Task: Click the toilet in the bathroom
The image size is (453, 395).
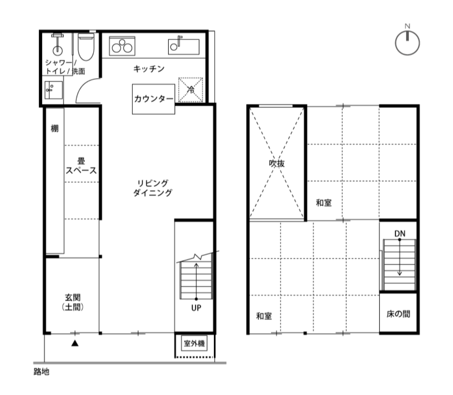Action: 86,47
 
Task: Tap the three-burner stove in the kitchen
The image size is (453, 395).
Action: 122,46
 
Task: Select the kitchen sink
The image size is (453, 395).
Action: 183,46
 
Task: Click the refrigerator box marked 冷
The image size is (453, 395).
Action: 190,90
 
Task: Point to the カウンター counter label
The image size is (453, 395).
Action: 153,99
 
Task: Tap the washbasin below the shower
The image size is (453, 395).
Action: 54,90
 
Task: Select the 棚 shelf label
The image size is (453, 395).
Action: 55,128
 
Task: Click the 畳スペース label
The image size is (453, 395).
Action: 81,166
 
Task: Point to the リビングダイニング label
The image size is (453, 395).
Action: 152,188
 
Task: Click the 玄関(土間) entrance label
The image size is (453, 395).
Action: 73,302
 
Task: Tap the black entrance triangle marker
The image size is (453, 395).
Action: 75,343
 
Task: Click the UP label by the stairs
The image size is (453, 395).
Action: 196,308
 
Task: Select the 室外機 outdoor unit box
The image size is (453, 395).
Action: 194,344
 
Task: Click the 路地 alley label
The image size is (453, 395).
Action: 41,371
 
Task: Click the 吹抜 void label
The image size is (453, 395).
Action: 277,163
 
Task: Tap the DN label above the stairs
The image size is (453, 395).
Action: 400,234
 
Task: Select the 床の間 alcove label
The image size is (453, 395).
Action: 398,314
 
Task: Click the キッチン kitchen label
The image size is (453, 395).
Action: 149,69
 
